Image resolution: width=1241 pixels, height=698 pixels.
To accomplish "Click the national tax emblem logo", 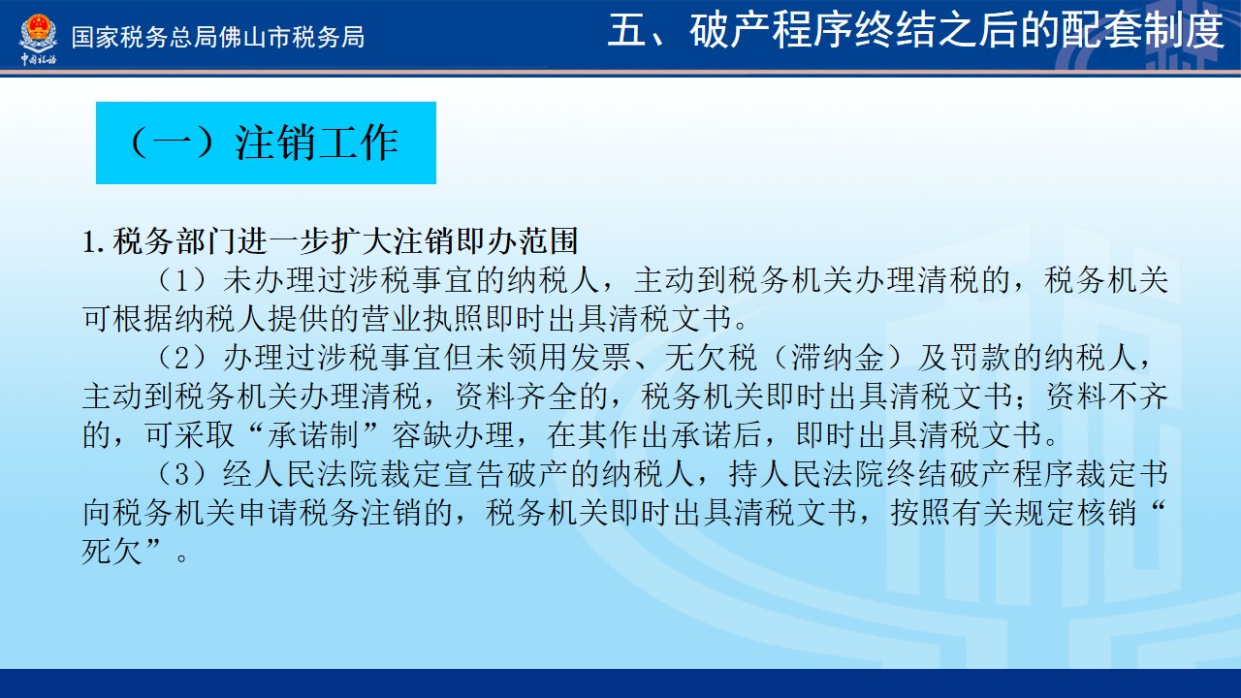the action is point(38,39).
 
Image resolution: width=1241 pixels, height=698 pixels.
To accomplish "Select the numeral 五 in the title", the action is point(626,31).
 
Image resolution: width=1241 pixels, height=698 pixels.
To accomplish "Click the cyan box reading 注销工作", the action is point(266,143).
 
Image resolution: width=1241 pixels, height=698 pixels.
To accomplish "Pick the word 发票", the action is point(601,358).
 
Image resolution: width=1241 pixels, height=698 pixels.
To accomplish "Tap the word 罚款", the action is point(981,358).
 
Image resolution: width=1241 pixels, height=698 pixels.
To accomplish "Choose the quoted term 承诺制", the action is point(313,435).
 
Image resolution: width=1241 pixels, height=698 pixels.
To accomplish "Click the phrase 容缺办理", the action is point(453,435).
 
